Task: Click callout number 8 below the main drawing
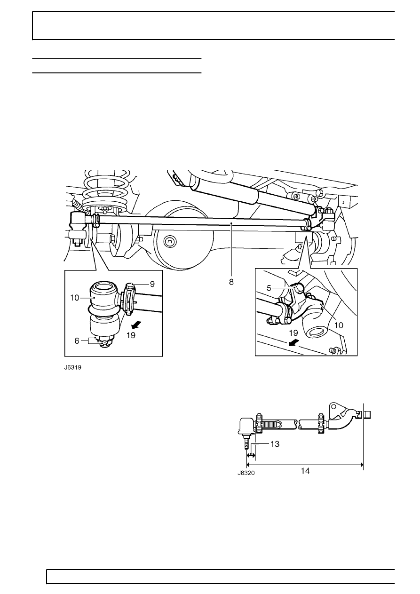pos(231,282)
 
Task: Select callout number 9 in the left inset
pos(152,284)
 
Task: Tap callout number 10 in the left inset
pos(75,298)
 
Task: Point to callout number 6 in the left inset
pos(77,341)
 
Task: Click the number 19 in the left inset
pos(131,335)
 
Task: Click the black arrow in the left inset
pos(138,325)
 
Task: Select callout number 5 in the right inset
pos(269,288)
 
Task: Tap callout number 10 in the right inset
pos(339,325)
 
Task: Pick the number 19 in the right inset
pos(293,333)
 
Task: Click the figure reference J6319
pos(72,367)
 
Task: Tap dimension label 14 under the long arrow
pos(305,471)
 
